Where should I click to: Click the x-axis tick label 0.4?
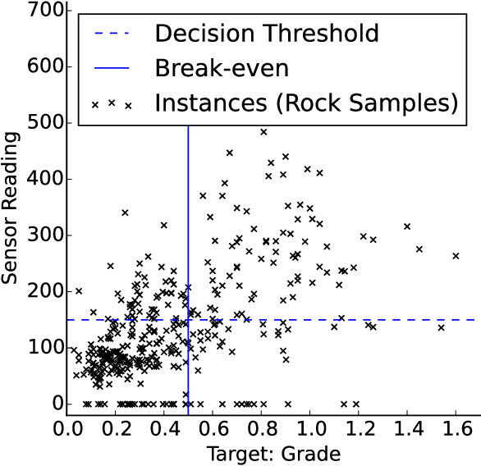point(165,429)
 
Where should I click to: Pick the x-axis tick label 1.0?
point(310,429)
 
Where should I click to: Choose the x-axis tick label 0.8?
point(262,429)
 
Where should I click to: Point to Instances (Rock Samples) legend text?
point(305,104)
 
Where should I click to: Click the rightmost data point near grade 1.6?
point(456,256)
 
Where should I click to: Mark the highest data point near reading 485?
point(263,131)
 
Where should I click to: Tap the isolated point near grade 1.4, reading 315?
point(406,226)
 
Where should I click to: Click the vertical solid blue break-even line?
point(189,246)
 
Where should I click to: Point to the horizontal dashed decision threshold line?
point(369,320)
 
